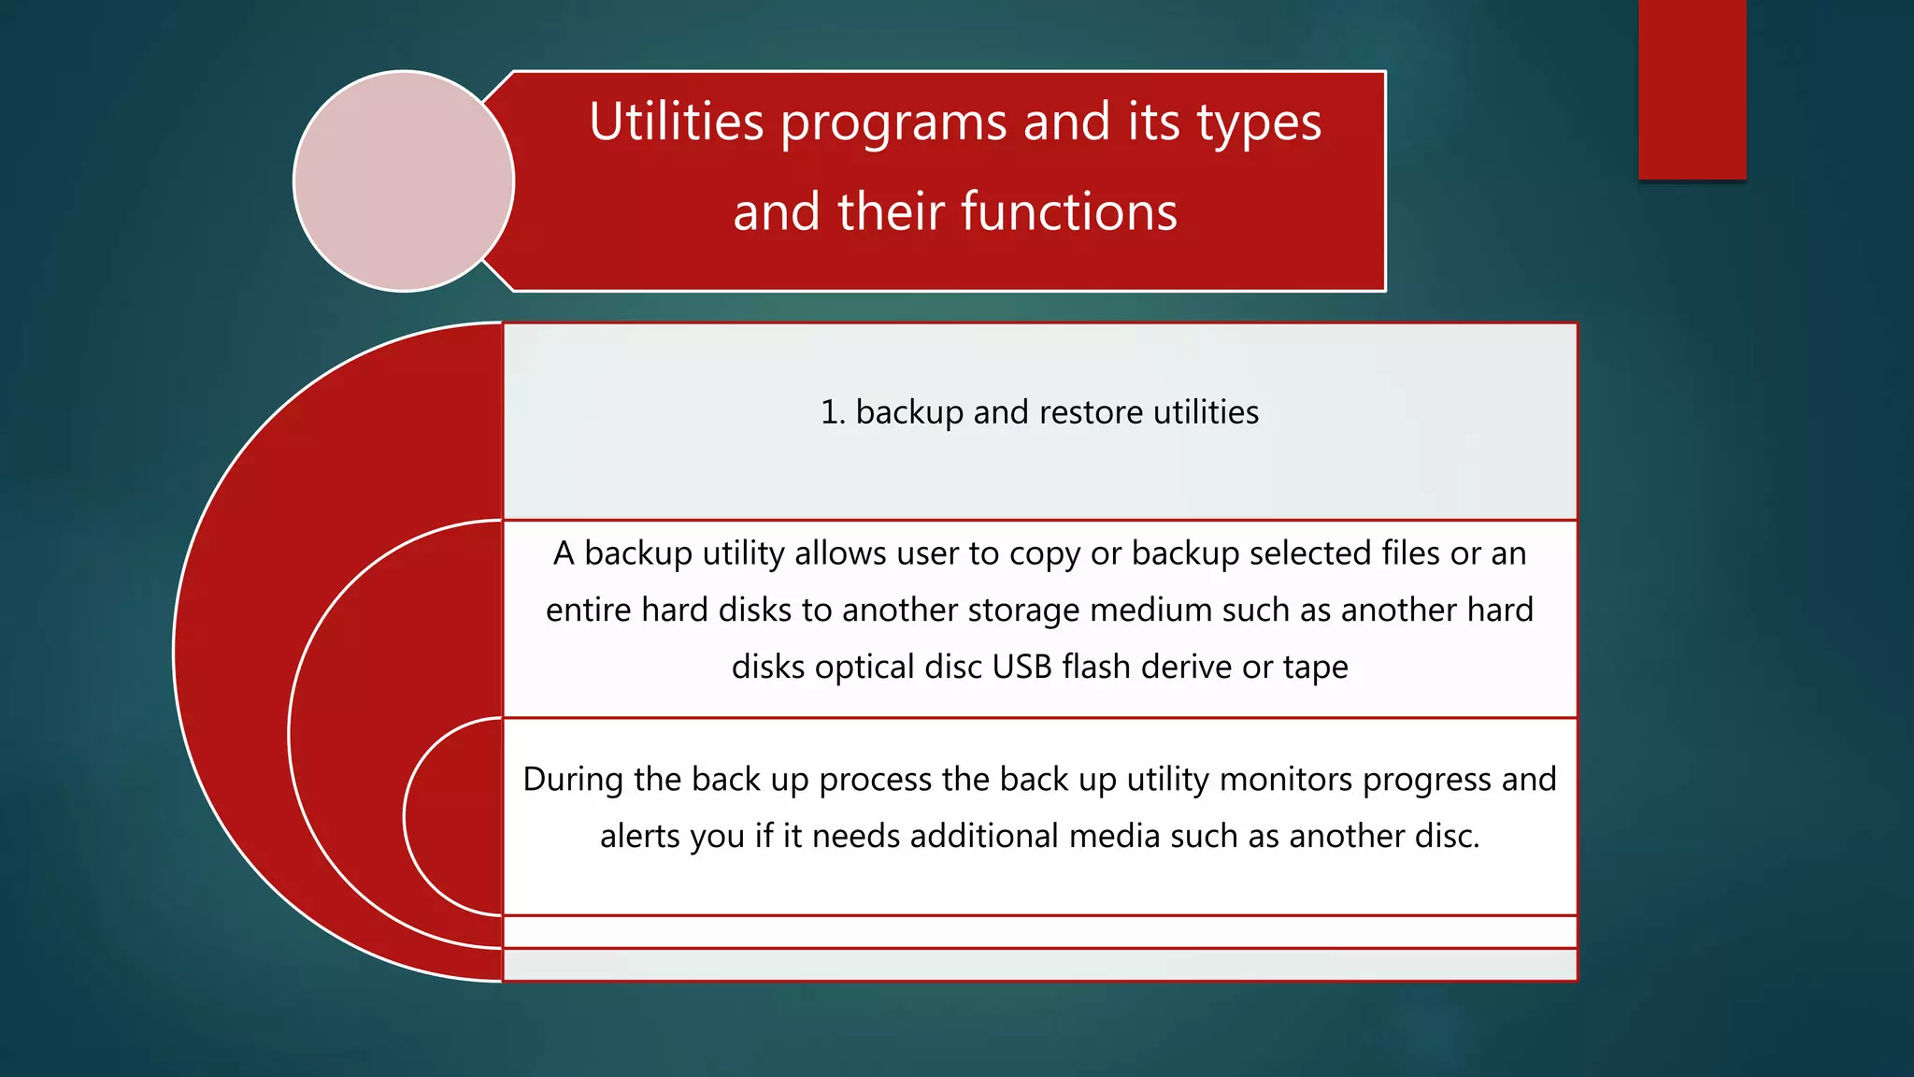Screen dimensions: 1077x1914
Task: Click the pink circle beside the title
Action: point(404,181)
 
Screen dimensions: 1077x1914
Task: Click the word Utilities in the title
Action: point(677,122)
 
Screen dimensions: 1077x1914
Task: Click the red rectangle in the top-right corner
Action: point(1692,89)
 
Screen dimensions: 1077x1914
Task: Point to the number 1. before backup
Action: point(833,412)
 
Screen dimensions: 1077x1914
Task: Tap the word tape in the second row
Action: point(1316,668)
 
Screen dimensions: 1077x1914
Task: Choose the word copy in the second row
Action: point(1045,554)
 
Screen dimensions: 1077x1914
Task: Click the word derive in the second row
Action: point(1187,667)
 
